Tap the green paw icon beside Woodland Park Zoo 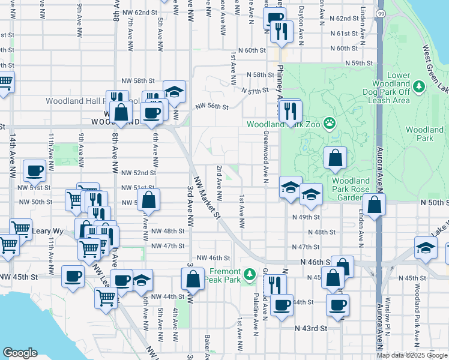coord(330,124)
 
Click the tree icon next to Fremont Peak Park coord(250,275)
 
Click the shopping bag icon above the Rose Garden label coord(336,158)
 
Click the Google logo coord(20,353)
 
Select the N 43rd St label coord(311,328)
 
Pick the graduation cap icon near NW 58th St coord(174,92)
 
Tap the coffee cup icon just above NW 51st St coord(35,170)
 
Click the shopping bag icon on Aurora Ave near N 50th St coord(374,205)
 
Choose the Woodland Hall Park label coord(75,101)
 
